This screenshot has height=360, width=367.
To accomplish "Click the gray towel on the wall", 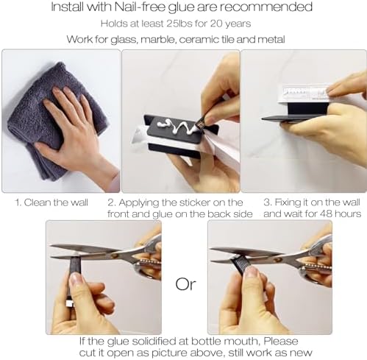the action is coord(54,120).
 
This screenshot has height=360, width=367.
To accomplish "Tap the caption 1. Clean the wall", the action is coord(51,202).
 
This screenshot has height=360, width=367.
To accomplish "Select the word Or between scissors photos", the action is coord(185,284).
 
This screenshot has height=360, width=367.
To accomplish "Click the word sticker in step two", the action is coord(195,202).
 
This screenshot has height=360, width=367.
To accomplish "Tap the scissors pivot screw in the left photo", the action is coord(114,255).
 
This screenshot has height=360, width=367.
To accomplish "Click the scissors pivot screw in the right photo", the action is coord(278,259).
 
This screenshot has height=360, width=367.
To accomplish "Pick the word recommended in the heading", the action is coord(266,7).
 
